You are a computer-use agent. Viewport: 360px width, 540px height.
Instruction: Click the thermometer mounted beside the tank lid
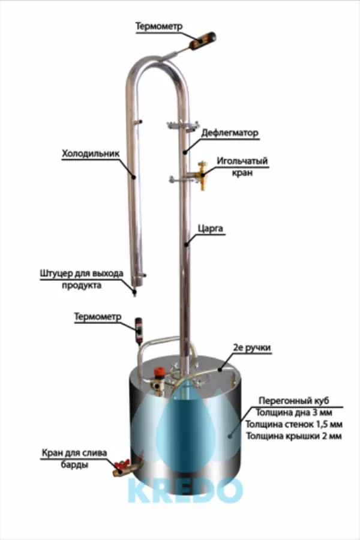pos(139,329)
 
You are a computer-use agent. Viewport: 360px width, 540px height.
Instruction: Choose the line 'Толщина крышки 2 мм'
pos(293,436)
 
